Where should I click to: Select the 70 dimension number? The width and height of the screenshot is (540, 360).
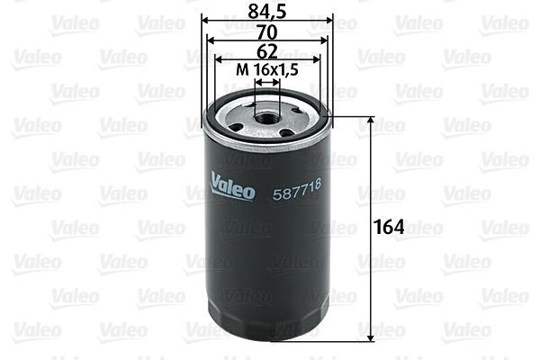(x=267, y=31)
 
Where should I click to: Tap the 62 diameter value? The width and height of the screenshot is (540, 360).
(x=267, y=51)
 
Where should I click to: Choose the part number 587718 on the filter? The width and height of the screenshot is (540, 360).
(x=297, y=187)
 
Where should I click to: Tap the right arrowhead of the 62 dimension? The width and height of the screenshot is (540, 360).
(x=316, y=60)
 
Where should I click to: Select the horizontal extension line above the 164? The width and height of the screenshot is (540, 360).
(x=351, y=116)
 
